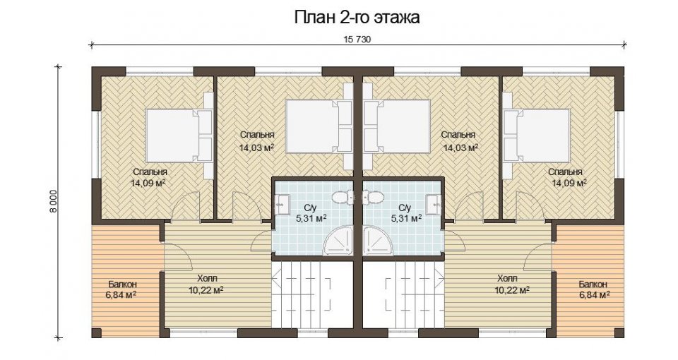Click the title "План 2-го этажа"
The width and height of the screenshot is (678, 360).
pos(357,18)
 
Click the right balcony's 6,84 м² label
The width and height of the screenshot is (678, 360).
pos(594,295)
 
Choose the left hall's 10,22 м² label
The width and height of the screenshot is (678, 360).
pos(206,290)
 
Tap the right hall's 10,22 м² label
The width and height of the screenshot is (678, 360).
pos(513,290)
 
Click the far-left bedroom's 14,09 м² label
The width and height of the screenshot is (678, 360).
pos(148,183)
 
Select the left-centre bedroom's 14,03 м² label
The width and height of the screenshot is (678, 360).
pos(257,148)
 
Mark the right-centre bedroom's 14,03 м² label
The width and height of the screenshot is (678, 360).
pos(461,148)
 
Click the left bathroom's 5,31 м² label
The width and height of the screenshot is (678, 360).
pos(311,218)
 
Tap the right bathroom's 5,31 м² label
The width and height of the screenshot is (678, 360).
pos(407,218)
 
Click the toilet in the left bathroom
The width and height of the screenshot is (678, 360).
pos(343,198)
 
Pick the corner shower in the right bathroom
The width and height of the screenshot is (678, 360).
pos(377,240)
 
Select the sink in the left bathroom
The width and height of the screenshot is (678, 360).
pos(282,203)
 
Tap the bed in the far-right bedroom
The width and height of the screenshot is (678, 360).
pos(537,136)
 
